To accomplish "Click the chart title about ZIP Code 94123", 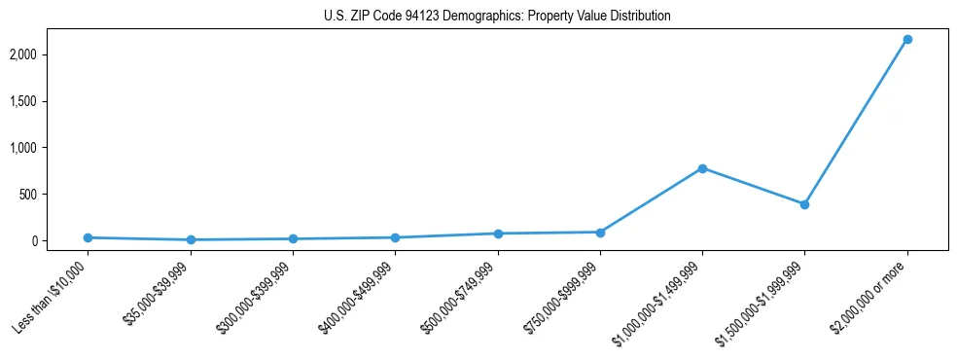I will (497, 17).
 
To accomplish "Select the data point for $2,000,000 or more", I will (907, 39).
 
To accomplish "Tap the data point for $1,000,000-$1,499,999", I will (702, 168).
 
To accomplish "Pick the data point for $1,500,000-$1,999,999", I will (804, 204).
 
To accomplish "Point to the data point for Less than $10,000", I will (88, 237).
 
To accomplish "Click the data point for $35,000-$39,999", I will (191, 239).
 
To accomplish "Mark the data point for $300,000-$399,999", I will (293, 238).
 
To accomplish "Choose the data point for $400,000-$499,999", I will (395, 237).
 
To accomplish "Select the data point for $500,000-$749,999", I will (498, 234).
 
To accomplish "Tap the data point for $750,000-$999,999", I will (600, 233).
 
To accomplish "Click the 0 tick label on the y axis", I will (60, 240).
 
